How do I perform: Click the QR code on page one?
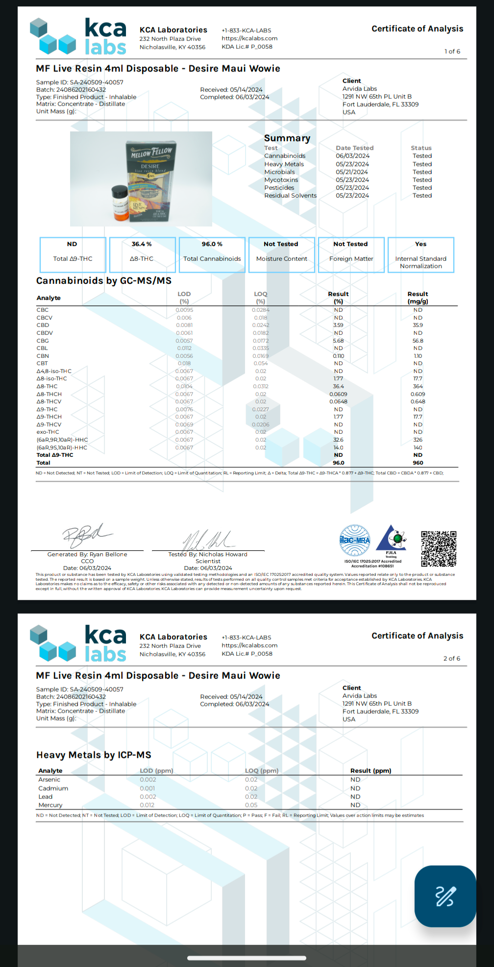(x=439, y=548)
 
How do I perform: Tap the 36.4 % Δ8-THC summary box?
(x=142, y=254)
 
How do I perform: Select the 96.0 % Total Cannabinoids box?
(x=212, y=254)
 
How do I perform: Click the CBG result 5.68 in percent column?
(x=338, y=341)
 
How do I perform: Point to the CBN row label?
(x=43, y=356)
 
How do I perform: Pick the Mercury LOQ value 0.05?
(x=251, y=805)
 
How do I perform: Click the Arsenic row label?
(x=49, y=779)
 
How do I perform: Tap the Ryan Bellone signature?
(x=86, y=536)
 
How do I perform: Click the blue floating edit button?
(x=445, y=896)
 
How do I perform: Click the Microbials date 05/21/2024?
(x=352, y=172)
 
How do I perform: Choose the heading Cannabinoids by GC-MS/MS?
(x=104, y=281)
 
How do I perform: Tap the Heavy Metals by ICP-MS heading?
(x=94, y=755)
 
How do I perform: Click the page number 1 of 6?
(x=452, y=51)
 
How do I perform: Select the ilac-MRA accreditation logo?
(x=355, y=540)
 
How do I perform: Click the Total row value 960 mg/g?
(x=418, y=463)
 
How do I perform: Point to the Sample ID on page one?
(x=79, y=82)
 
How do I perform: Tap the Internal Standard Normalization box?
(x=420, y=254)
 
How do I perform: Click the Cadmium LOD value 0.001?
(x=147, y=788)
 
